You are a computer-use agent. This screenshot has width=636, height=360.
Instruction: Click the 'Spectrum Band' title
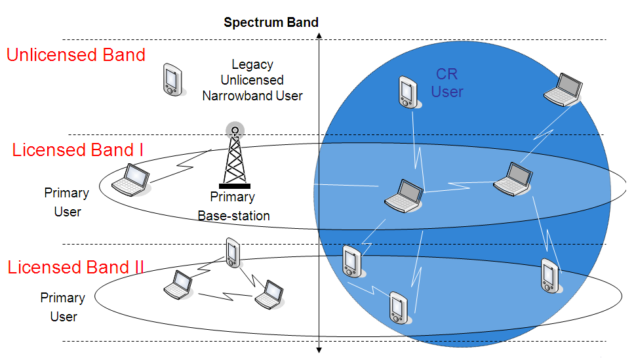271,22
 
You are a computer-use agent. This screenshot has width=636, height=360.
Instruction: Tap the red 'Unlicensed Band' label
76,55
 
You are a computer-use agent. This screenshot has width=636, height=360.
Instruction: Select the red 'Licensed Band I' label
78,150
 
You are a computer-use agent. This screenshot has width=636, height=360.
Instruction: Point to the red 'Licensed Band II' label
76,268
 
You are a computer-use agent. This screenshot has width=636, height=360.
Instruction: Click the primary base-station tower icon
234,158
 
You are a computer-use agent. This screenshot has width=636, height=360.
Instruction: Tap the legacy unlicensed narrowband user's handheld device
172,80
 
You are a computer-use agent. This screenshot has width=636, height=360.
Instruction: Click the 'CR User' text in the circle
447,83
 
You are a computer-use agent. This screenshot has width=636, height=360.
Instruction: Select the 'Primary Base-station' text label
233,206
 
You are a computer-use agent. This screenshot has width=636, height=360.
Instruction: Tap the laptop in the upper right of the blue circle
564,89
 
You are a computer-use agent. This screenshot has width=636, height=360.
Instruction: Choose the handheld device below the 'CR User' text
407,92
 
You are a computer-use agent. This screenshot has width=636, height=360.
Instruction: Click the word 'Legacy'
252,64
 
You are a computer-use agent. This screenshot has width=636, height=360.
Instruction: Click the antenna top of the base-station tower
234,129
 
